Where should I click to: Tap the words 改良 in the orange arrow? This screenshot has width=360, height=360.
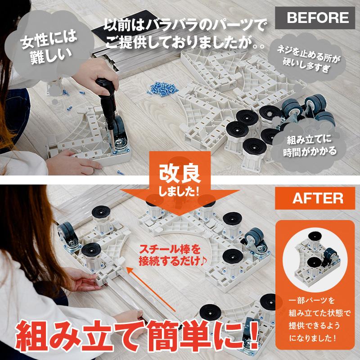pos(180,174)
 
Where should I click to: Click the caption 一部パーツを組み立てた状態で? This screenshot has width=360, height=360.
pos(319,307)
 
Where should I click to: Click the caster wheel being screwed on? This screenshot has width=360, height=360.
pos(120,137)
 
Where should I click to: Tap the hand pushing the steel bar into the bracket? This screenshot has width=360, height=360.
pos(81,279)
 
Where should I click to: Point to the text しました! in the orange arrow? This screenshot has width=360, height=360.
pos(179,191)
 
